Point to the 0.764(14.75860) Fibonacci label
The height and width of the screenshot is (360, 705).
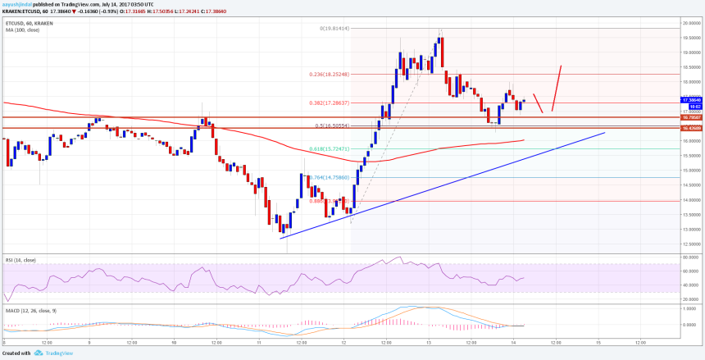(328, 176)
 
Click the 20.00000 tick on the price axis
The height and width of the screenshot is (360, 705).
(691, 22)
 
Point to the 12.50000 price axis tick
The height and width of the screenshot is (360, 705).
(691, 244)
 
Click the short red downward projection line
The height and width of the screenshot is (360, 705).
(539, 103)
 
